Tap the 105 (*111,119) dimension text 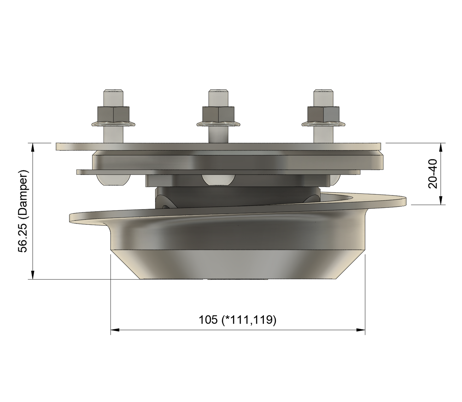click(237, 319)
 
